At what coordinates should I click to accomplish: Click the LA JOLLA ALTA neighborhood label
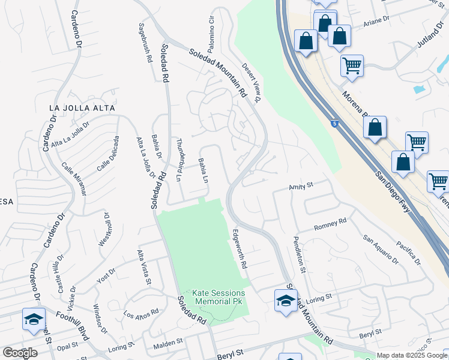[x=82, y=107]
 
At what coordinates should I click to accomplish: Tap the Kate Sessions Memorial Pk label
[x=218, y=297]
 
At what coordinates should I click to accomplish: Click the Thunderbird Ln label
[x=179, y=158]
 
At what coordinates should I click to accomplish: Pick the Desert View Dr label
[x=251, y=83]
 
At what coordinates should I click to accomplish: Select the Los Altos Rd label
[x=141, y=313]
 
